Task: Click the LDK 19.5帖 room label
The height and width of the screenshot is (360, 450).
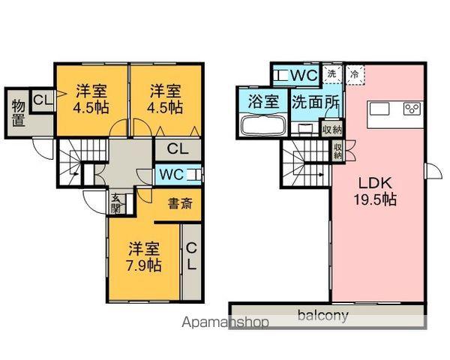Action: click(375, 191)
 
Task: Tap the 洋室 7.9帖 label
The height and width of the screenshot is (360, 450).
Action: click(144, 257)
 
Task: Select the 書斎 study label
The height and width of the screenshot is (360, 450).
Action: click(180, 203)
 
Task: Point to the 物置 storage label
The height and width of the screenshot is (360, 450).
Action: click(19, 113)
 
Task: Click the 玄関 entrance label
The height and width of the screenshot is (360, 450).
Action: click(116, 203)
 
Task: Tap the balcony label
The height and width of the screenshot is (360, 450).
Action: click(322, 316)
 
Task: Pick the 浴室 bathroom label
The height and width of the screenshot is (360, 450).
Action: click(263, 101)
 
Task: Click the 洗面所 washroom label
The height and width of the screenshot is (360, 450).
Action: click(316, 102)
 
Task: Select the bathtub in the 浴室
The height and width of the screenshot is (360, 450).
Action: click(263, 124)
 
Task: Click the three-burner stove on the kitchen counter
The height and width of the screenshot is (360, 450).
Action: click(412, 109)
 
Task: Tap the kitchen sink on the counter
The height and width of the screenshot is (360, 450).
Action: click(379, 109)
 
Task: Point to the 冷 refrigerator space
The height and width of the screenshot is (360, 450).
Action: click(355, 75)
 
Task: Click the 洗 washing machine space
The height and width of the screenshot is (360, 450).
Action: click(332, 74)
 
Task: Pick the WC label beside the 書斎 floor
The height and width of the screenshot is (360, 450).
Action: click(171, 174)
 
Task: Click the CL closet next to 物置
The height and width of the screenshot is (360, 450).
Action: click(43, 100)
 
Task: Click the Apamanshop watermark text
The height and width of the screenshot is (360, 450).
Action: click(226, 322)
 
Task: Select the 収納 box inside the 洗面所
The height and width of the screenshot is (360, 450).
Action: click(331, 130)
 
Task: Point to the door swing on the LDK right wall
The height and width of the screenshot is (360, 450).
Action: click(433, 171)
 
